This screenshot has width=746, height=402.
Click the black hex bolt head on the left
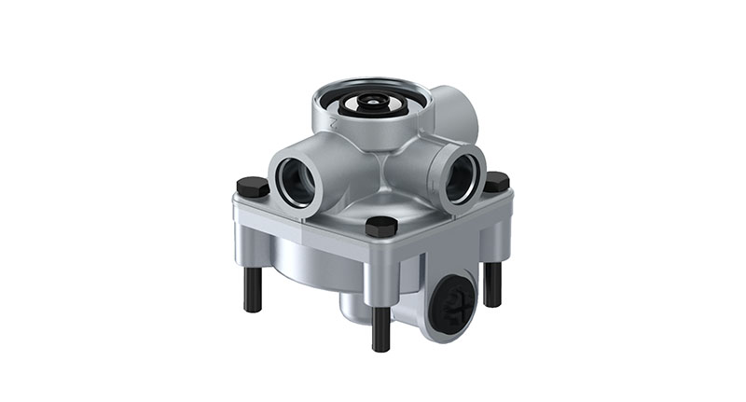[253, 187]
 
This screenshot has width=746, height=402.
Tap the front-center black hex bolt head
[380, 226]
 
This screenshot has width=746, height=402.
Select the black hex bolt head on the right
[496, 182]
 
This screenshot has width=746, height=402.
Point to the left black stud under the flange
[253, 290]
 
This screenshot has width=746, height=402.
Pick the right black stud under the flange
[492, 284]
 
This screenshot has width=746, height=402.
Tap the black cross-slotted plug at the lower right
[454, 301]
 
